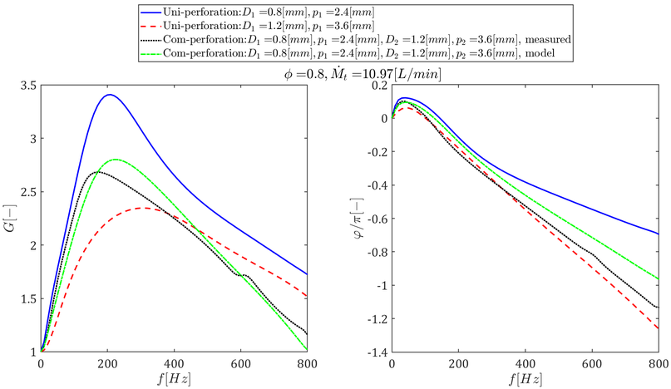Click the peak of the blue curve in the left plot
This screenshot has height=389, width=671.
(109, 95)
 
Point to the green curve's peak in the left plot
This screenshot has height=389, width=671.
(116, 160)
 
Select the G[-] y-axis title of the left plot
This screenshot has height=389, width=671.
(10, 218)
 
